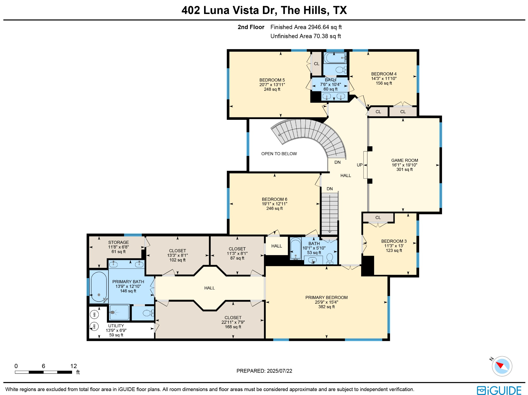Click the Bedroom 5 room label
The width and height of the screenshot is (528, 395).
point(272,80)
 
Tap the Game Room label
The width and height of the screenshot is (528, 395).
point(404,160)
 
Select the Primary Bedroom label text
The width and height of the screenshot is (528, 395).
point(326,297)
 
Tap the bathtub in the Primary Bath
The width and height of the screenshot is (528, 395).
point(99,287)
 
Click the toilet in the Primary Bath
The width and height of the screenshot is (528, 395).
point(148,313)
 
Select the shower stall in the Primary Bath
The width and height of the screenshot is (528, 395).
point(119,312)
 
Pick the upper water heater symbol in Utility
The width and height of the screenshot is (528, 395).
point(94,314)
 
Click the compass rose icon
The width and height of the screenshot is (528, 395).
point(502,366)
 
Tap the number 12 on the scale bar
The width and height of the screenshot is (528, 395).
point(73,366)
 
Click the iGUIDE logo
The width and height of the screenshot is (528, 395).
point(499,390)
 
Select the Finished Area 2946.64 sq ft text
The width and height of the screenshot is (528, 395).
point(306,27)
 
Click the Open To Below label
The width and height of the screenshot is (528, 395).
point(279,154)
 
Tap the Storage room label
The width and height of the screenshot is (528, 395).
point(119,242)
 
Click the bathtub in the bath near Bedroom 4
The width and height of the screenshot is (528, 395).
point(335,58)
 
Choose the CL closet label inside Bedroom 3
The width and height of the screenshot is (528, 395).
point(378,217)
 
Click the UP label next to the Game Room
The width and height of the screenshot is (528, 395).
point(360,165)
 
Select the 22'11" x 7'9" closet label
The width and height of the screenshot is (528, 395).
point(233,322)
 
